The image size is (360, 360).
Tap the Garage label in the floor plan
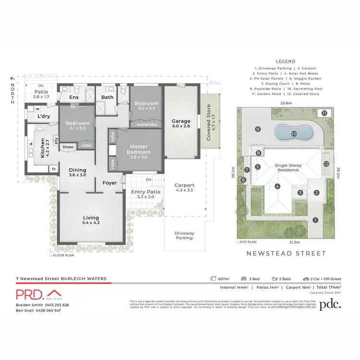pyautogui.click(x=182, y=121)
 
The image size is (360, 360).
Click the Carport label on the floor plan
pyautogui.click(x=184, y=185)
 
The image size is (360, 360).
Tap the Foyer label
pyautogui.click(x=109, y=182)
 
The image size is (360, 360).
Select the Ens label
pyautogui.click(x=74, y=98)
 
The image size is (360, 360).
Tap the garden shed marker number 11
pyautogui.click(x=324, y=113)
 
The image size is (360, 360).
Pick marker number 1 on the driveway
pyautogui.click(x=315, y=220)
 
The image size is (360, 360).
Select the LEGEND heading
pyautogui.click(x=286, y=61)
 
